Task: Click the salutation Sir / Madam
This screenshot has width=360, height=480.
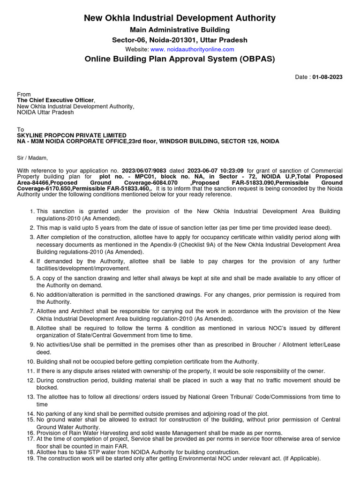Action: tap(32, 158)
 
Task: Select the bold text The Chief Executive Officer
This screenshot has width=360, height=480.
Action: tap(55, 100)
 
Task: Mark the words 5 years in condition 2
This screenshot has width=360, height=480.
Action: tap(106, 227)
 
